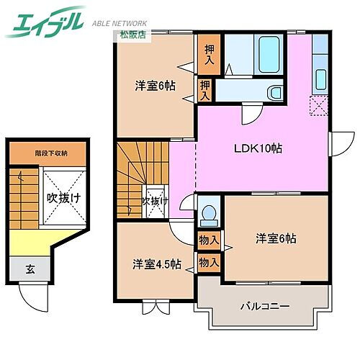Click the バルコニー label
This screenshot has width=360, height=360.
tap(265, 306)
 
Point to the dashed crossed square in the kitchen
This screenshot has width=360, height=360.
tap(319, 106)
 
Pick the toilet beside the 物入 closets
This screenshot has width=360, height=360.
tap(210, 215)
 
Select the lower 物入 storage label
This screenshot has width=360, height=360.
tap(209, 263)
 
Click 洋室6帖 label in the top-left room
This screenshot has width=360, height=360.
tap(154, 86)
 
